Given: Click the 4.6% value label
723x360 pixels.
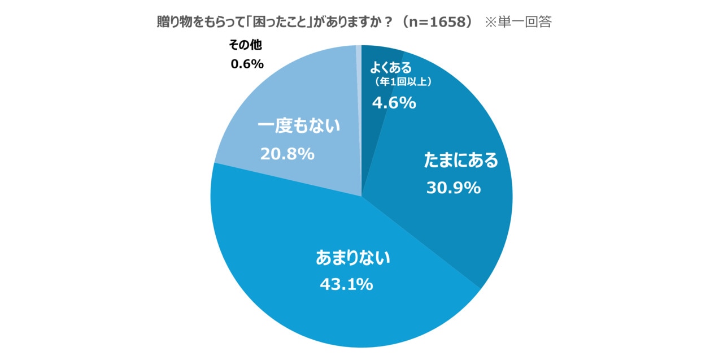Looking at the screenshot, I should (394, 103).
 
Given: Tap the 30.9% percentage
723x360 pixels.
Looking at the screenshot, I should (453, 188).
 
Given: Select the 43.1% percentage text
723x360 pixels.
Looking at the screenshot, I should (346, 284).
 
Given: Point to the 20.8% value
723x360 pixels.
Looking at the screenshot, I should (287, 154).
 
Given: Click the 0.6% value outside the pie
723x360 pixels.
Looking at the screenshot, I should (247, 64).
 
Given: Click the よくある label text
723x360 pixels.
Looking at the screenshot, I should (394, 68).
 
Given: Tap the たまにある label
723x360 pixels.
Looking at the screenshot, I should (461, 161).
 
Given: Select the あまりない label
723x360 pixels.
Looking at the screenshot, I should (353, 258).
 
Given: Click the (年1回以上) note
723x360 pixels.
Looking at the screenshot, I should (403, 83).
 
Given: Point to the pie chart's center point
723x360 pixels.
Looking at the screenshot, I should (361, 196).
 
